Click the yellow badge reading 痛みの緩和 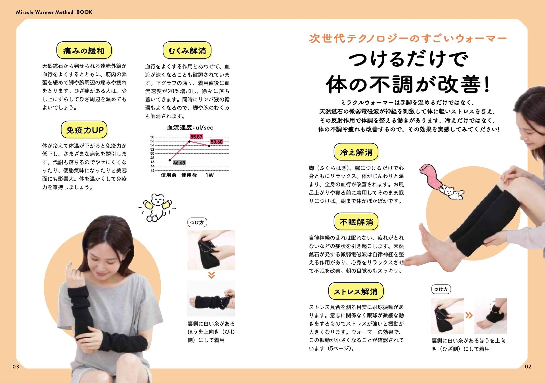[x=84, y=50]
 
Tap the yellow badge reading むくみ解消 [x=187, y=50]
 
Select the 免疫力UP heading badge [x=84, y=130]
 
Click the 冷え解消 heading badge [x=356, y=152]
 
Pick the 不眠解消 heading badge [x=356, y=222]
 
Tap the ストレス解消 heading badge [x=356, y=291]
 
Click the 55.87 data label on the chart [x=196, y=137]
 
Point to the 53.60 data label [x=217, y=142]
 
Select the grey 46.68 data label [x=179, y=163]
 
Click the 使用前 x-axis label [x=168, y=175]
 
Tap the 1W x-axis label [x=210, y=175]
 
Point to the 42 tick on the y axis [x=152, y=171]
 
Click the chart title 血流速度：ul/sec [x=190, y=127]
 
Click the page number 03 [x=16, y=367]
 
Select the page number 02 [x=528, y=367]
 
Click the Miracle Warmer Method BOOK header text [x=54, y=12]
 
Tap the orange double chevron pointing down [x=211, y=275]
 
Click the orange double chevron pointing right [x=469, y=315]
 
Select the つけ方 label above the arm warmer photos [x=197, y=222]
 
